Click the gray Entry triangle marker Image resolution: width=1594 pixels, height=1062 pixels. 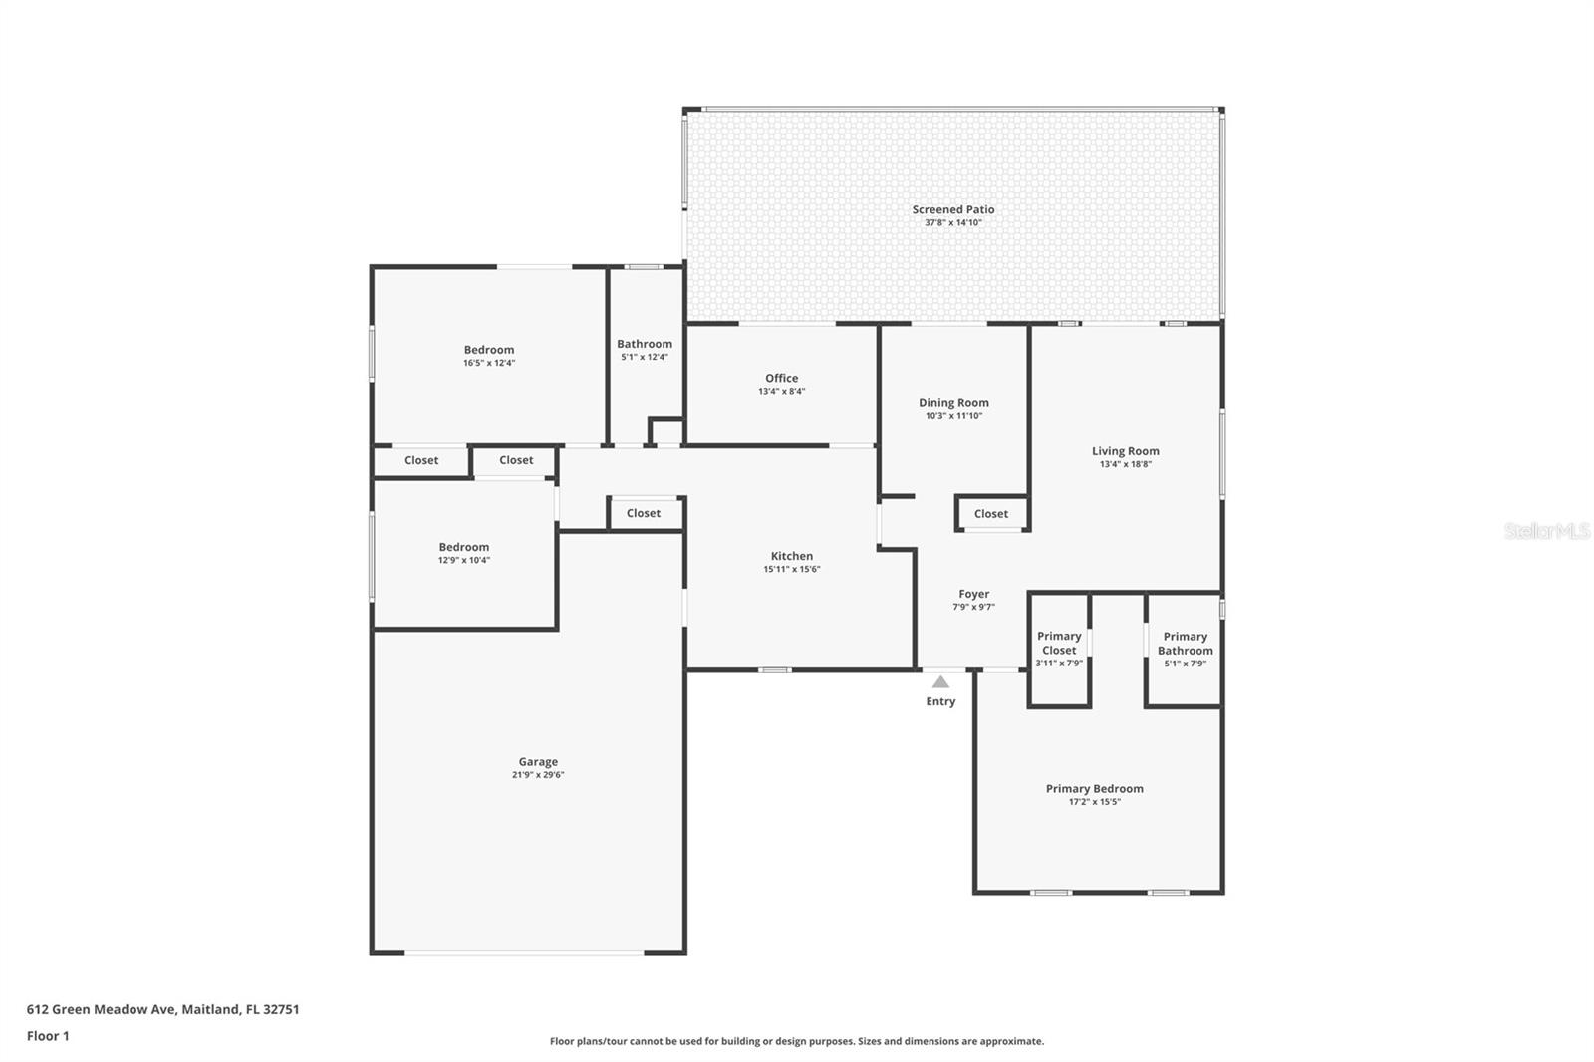pos(940,682)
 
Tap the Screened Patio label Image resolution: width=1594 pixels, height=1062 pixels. pos(953,209)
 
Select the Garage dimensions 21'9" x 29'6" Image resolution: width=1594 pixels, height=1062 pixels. pos(538,775)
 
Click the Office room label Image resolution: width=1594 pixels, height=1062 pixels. pos(782,378)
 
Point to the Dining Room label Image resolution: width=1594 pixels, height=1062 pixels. pos(953,403)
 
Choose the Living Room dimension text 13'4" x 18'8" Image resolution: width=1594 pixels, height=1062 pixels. pos(1125,464)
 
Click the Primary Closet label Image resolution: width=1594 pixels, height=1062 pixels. pos(1059,643)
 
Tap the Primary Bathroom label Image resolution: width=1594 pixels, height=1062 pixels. pos(1185,643)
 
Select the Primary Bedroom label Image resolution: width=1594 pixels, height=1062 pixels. pos(1094,788)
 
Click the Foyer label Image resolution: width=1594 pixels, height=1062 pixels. pos(973,594)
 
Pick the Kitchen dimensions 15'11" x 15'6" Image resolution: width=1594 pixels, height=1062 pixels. pos(792,570)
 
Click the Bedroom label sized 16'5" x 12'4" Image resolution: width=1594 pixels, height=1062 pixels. pos(489,350)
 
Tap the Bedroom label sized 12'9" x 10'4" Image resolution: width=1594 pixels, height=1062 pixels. pos(464,547)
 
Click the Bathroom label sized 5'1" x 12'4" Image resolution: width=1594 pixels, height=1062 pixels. pos(645,344)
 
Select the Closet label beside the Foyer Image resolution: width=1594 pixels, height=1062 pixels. pos(991,514)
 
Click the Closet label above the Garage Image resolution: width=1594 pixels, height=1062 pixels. pos(644,513)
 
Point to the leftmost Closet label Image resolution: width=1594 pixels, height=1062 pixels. pos(421,460)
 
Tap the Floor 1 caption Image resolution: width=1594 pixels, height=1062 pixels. pos(48,1036)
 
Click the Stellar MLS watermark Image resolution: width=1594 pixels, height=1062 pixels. pos(1546,531)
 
